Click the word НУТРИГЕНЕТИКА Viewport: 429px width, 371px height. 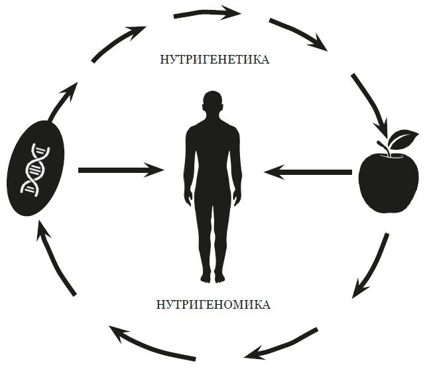point(214,60)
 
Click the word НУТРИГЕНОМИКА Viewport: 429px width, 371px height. point(214,305)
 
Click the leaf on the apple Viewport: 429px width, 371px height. point(404,139)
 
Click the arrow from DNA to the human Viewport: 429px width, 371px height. point(120,170)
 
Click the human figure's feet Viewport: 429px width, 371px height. point(212,276)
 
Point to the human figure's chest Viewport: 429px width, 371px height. point(212,136)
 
